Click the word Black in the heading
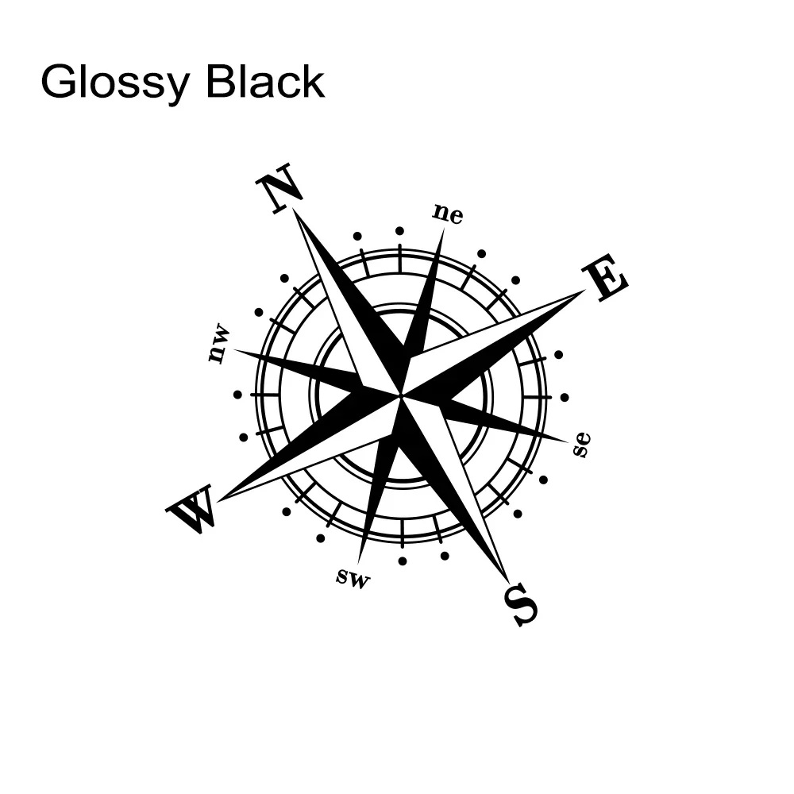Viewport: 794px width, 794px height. coord(265,81)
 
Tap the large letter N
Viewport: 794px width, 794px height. coord(279,189)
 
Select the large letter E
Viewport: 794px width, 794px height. coord(605,278)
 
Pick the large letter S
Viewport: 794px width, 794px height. coord(522,604)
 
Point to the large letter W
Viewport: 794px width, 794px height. coord(191,510)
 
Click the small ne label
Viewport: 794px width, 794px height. coord(448,214)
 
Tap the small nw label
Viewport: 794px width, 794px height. coord(218,344)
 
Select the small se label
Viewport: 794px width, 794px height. coord(582,445)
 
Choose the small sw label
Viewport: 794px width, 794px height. coord(353,578)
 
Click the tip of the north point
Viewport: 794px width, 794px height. coord(294,210)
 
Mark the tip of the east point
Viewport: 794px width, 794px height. coord(584,291)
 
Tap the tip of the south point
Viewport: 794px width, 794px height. coord(506,582)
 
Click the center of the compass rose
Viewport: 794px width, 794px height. coord(401,395)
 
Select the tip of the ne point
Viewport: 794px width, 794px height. coord(443,229)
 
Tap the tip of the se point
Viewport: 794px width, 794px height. coord(568,439)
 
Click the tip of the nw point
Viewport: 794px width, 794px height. coord(234,350)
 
